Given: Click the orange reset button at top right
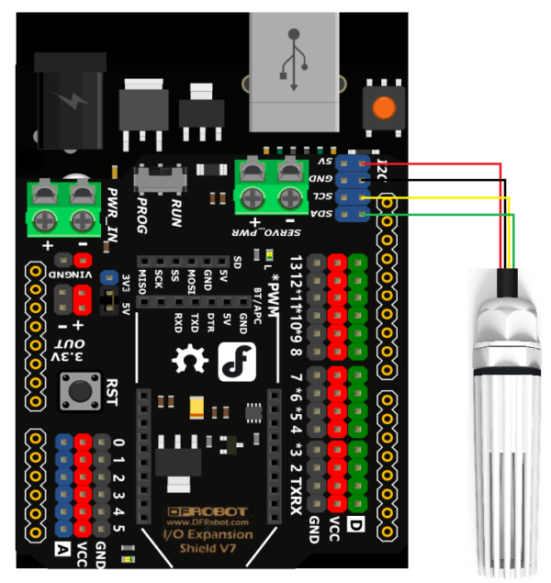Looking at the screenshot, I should click(x=384, y=107).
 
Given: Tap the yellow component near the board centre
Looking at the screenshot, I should click(x=197, y=407).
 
